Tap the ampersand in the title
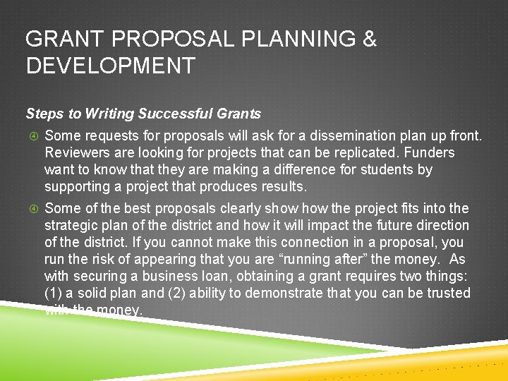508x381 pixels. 369,40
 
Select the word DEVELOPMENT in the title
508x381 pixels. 110,66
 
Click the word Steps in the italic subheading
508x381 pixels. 42,114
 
